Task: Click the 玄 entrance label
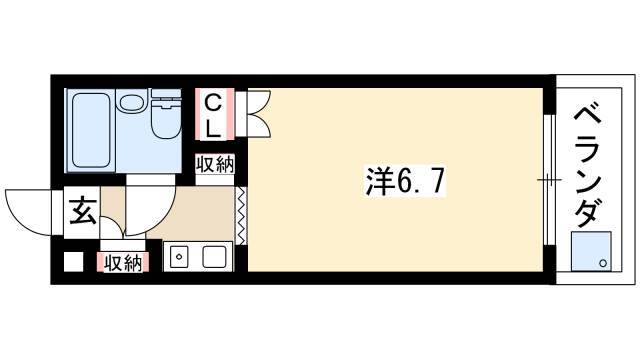[x=83, y=211]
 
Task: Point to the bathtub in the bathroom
[x=91, y=130]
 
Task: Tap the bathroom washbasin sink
[x=131, y=101]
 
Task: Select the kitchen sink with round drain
[x=179, y=257]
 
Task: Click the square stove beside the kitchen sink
[x=215, y=257]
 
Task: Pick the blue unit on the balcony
[x=591, y=251]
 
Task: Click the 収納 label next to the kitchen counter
[x=122, y=263]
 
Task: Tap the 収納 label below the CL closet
[x=215, y=164]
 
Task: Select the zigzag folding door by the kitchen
[x=242, y=216]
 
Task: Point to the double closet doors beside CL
[x=258, y=113]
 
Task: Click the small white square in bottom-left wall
[x=73, y=262]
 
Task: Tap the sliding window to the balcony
[x=549, y=180]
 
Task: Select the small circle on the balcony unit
[x=603, y=263]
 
